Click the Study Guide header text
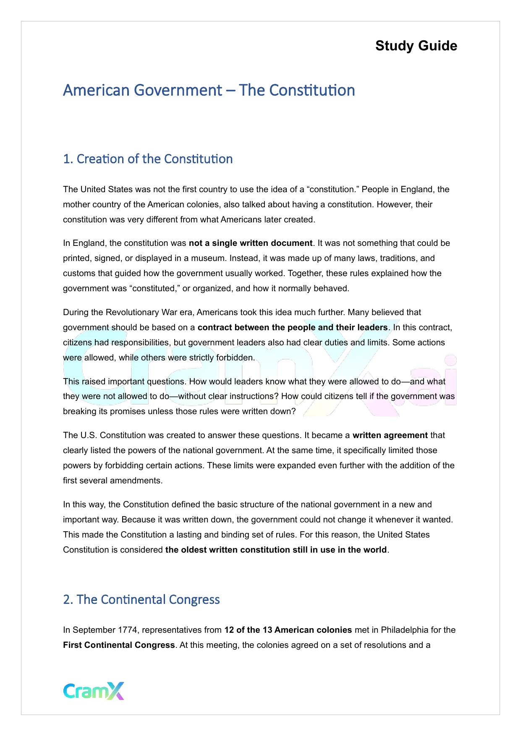click(x=416, y=46)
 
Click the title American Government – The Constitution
click(x=209, y=90)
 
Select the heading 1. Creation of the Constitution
click(x=148, y=159)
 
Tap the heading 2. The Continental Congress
click(x=141, y=600)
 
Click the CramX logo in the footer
click(x=94, y=691)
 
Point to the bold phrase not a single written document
click(x=251, y=243)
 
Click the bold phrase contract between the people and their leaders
click(x=293, y=328)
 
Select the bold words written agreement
click(x=390, y=436)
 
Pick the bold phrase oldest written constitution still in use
click(x=276, y=550)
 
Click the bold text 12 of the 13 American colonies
click(x=288, y=630)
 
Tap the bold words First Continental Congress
click(x=119, y=645)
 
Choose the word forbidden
click(x=235, y=358)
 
